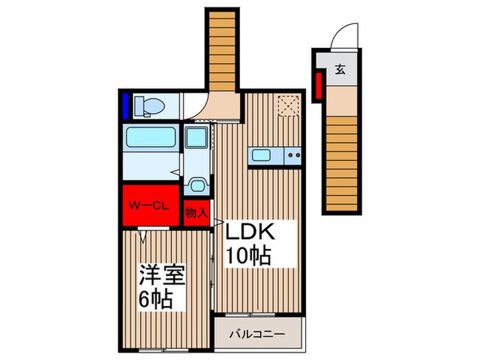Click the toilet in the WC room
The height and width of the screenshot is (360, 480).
tap(149, 106)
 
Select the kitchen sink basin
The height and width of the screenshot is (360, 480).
tap(262, 155)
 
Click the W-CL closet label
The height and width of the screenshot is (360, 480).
tap(150, 204)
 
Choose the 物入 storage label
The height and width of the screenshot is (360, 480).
tap(197, 213)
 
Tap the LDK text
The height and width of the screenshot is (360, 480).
tap(252, 231)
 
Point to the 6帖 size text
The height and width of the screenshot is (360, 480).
tap(156, 299)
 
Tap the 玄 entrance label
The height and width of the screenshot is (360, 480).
tap(340, 69)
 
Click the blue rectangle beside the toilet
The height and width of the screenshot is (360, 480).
tap(127, 107)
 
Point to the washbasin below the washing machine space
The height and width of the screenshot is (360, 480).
tap(197, 183)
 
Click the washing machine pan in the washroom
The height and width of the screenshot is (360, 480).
tap(196, 140)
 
